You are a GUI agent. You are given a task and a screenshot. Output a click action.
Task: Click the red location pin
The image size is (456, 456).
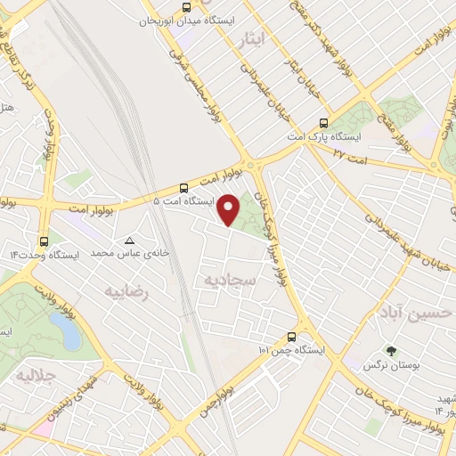pyautogui.click(x=229, y=210)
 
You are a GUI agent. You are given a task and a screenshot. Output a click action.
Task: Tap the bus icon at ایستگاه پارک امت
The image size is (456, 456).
pyautogui.click(x=322, y=124)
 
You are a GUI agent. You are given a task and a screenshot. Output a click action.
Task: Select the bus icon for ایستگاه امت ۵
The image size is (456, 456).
pyautogui.click(x=183, y=188)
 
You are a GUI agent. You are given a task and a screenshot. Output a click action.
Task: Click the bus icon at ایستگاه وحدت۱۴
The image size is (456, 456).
pyautogui.click(x=44, y=241)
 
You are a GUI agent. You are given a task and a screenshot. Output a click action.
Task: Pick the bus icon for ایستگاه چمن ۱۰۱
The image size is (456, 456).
pyautogui.click(x=292, y=337)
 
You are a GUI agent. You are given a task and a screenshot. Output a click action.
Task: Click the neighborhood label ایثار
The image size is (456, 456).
pyautogui.click(x=253, y=39)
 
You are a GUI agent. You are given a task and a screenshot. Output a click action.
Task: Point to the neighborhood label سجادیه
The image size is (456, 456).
pyautogui.click(x=231, y=281)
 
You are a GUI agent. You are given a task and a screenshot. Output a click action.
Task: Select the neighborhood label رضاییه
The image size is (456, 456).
pyautogui.click(x=125, y=291)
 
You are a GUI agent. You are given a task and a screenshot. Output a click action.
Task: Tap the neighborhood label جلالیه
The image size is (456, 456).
pyautogui.click(x=35, y=376)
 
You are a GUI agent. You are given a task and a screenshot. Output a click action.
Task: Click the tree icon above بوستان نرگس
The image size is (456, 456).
pyautogui.click(x=389, y=350)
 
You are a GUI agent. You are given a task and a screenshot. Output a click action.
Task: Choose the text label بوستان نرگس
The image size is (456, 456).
pyautogui.click(x=391, y=365)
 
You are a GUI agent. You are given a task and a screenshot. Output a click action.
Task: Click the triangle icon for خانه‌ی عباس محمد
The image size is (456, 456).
pyautogui.click(x=130, y=241)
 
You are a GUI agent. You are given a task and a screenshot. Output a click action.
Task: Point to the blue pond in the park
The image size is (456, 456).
pyautogui.click(x=67, y=331)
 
